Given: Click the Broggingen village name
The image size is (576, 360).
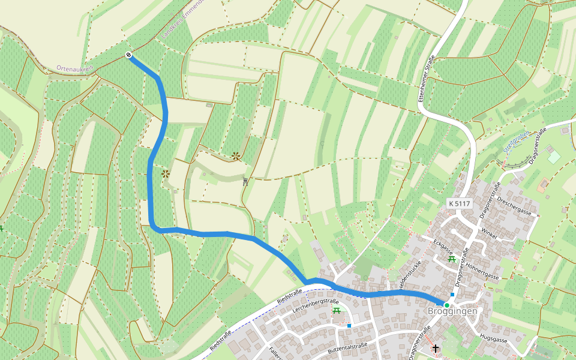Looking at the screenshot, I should [x=452, y=311].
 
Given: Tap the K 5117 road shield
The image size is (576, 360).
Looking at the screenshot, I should [x=459, y=204].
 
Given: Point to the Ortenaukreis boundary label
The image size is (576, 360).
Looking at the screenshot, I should [x=76, y=69].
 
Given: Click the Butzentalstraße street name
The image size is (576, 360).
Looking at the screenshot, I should [x=347, y=347].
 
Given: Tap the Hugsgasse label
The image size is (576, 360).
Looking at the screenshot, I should [x=494, y=339].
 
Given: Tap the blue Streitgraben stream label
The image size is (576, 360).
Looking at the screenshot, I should [x=516, y=142].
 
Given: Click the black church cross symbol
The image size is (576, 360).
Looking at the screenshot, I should [x=435, y=348].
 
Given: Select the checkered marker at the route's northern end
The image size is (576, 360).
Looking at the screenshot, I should [x=128, y=55].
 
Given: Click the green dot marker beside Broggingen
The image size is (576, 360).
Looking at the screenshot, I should [x=446, y=305].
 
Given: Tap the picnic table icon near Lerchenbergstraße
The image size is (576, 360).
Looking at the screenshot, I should [x=337, y=310].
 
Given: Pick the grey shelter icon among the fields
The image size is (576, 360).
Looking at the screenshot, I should [x=245, y=181].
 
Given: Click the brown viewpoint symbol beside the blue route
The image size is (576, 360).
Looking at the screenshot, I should [x=165, y=173].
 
